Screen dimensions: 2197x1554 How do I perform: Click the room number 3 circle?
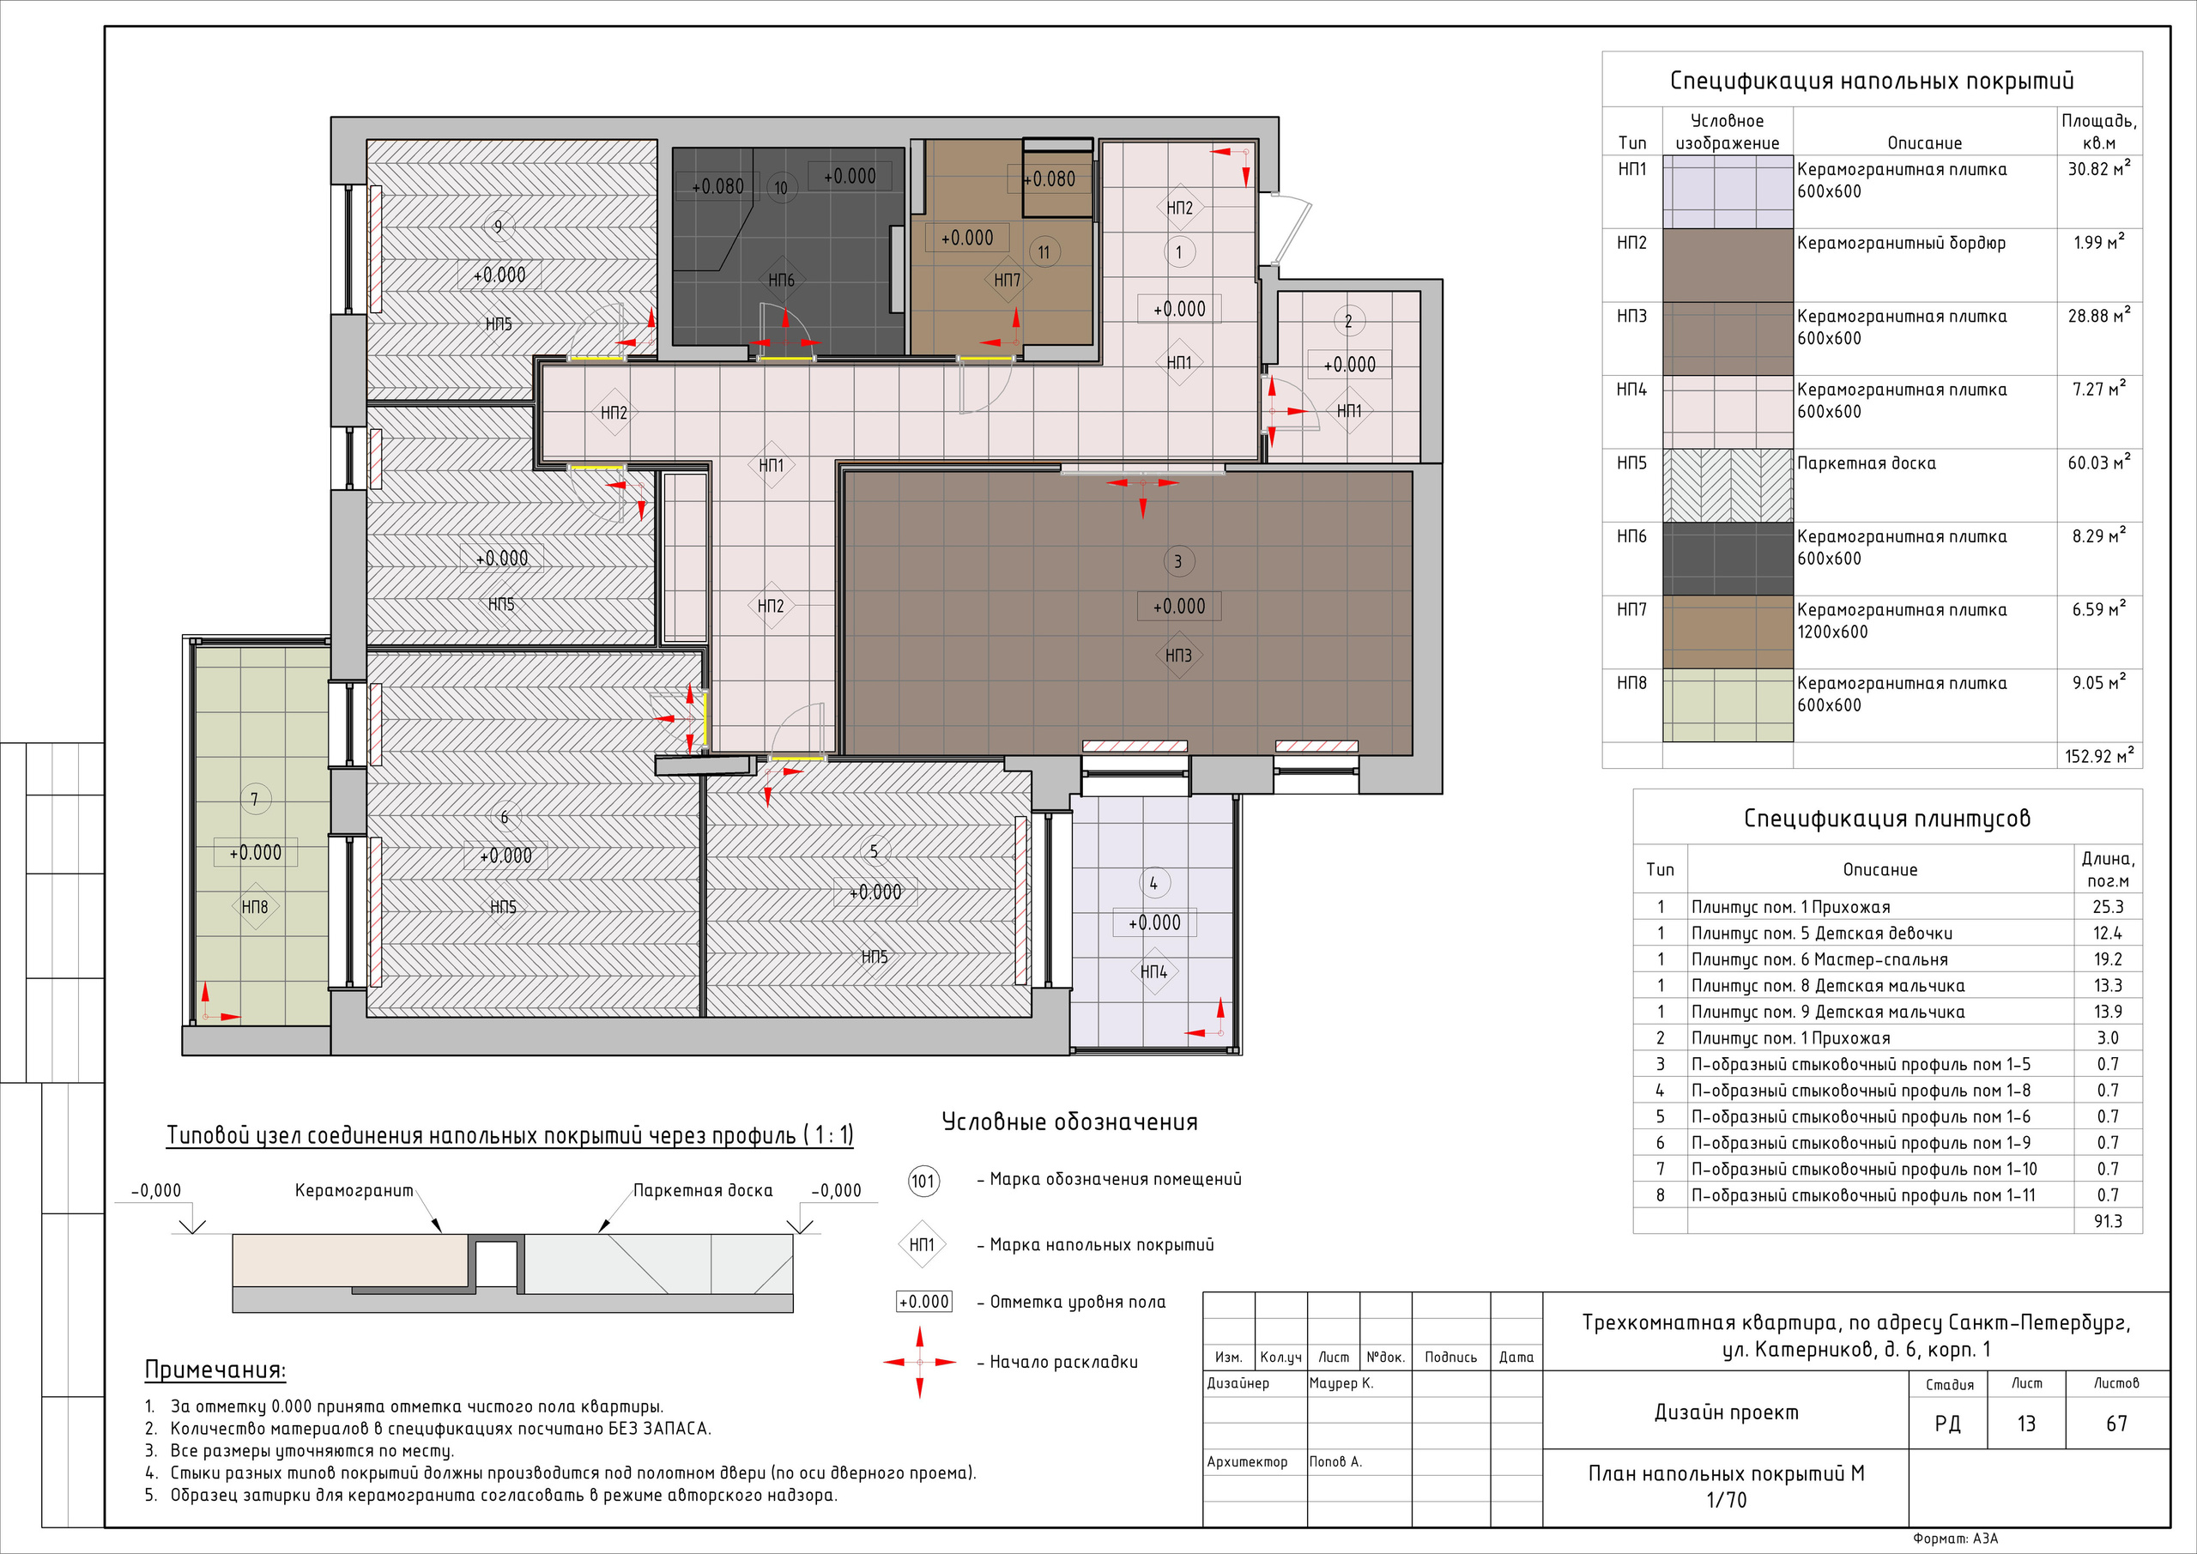tap(1178, 562)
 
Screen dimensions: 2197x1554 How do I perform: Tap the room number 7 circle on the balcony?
tap(255, 799)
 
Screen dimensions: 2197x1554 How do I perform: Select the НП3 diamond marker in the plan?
tap(1179, 656)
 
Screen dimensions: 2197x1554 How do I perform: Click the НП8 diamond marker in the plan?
tap(255, 907)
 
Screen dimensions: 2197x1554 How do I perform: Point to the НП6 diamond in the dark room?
tap(782, 281)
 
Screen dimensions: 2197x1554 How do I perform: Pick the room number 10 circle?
tap(781, 188)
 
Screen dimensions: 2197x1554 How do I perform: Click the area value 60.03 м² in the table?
tap(2099, 463)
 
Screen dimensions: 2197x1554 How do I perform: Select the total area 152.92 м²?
tap(2099, 756)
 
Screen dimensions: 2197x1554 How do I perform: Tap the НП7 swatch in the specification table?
tap(1728, 632)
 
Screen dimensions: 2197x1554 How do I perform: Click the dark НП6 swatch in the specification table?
tap(1728, 559)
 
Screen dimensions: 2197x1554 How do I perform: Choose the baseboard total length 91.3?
tap(2107, 1221)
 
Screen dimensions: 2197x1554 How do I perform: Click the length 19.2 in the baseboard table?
tap(2107, 958)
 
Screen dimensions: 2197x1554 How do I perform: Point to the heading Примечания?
tap(215, 1370)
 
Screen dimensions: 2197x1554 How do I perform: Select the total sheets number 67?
tap(2116, 1424)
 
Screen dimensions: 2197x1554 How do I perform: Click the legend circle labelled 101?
tap(923, 1181)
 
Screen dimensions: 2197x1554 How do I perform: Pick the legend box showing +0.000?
tap(924, 1302)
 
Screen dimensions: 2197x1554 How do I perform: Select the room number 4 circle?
tap(1153, 883)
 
